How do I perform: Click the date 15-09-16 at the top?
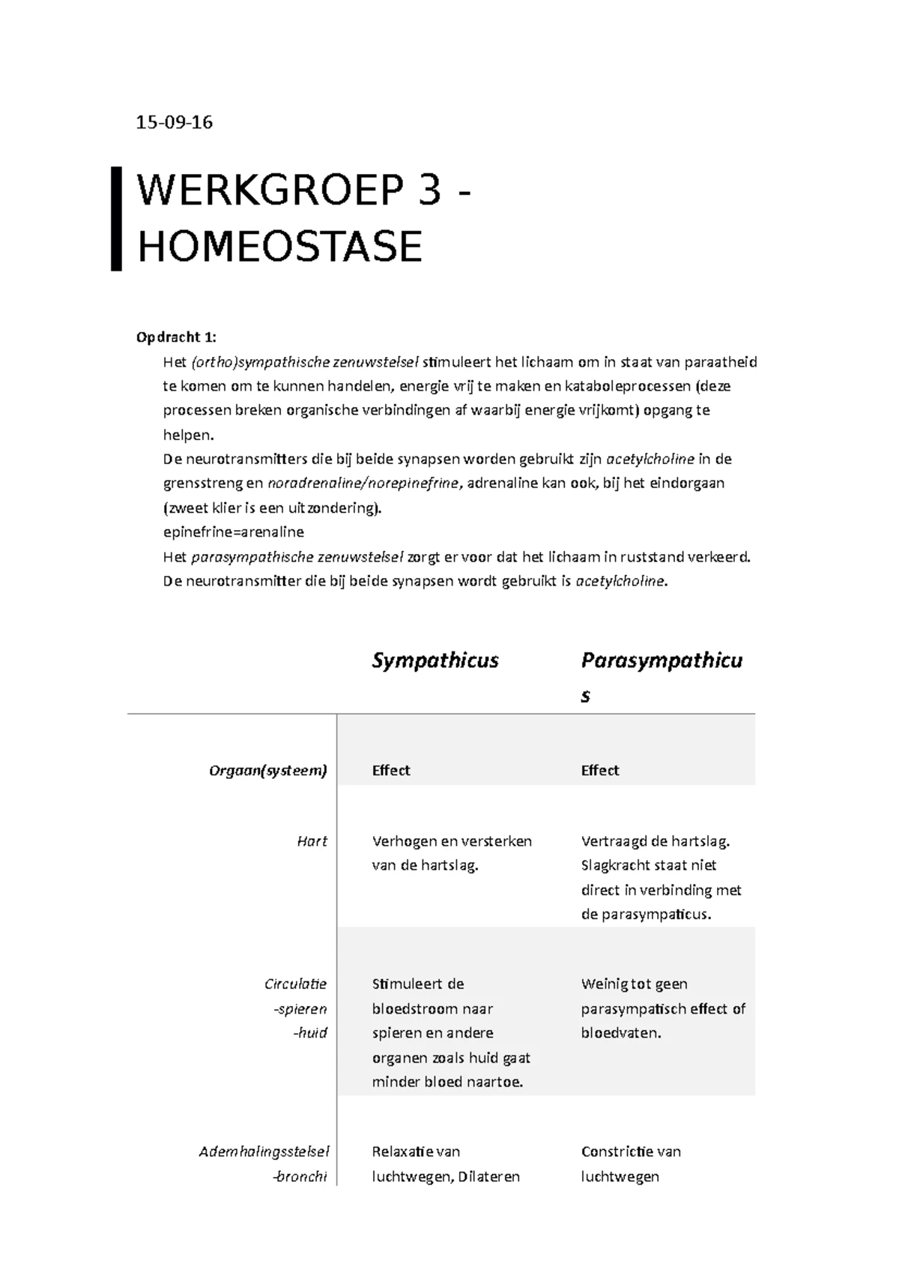coord(174,122)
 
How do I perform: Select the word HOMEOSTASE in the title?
coord(280,247)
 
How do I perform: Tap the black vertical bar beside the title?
coord(116,218)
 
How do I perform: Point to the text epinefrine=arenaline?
coord(233,532)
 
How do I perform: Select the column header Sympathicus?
coord(435,660)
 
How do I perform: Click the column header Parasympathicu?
coord(662,660)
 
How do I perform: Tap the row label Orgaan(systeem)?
coord(268,771)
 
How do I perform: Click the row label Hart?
coord(312,841)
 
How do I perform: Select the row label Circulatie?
coord(295,984)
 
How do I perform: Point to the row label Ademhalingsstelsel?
coord(264,1152)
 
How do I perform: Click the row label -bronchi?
coord(300,1176)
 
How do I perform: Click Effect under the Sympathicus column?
coord(391,771)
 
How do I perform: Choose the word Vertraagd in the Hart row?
coord(611,841)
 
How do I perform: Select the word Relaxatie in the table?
coord(403,1152)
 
